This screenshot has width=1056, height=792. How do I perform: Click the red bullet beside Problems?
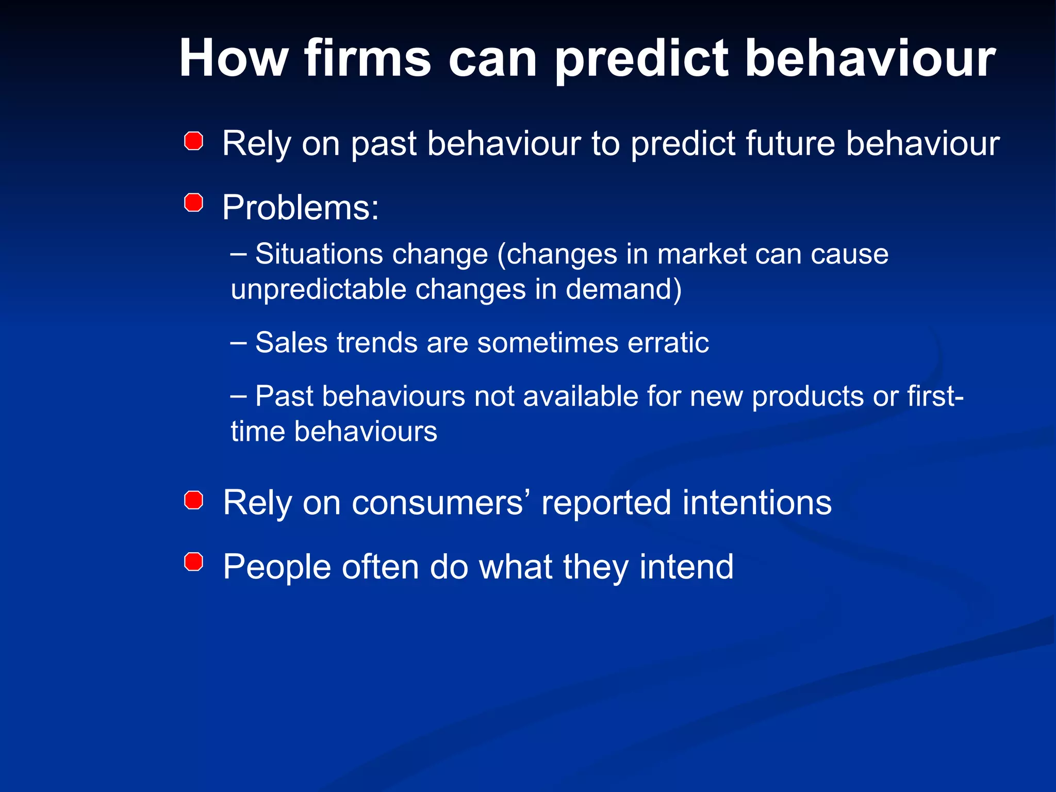(x=193, y=203)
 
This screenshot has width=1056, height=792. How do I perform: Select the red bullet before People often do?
(x=193, y=562)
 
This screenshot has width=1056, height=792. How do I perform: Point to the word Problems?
(x=301, y=208)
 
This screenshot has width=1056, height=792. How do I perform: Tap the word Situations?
(x=320, y=254)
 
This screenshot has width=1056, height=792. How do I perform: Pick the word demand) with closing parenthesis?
(x=624, y=289)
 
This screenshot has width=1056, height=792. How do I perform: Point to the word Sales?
(x=291, y=343)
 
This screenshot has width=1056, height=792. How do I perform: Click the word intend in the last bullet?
(x=686, y=567)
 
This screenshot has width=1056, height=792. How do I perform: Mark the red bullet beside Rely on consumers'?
(x=193, y=500)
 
